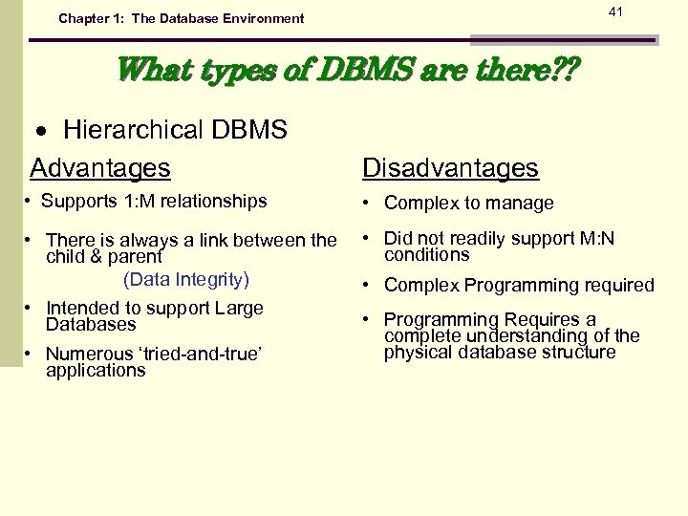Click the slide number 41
(x=615, y=11)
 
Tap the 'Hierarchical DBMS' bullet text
(x=175, y=130)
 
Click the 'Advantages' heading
(x=100, y=168)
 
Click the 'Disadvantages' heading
(x=450, y=168)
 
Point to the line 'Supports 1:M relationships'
(x=154, y=201)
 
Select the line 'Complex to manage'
(x=468, y=203)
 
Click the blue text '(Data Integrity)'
(x=186, y=279)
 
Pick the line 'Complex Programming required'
(x=519, y=285)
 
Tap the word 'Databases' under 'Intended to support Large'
(x=91, y=324)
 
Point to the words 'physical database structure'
(x=500, y=353)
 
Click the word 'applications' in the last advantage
(x=96, y=370)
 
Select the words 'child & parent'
(x=104, y=256)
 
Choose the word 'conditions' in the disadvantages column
(x=427, y=255)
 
